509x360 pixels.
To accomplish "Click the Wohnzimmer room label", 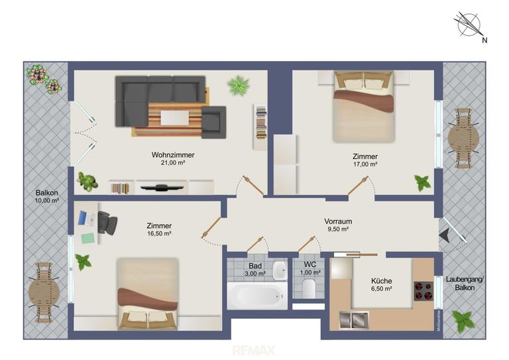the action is [x=173, y=155].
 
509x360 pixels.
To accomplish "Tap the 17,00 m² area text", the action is [x=365, y=164].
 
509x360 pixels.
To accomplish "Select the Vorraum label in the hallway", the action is [x=338, y=221].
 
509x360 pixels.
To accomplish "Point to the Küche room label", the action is [x=382, y=281].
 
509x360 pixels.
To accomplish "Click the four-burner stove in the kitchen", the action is [x=424, y=291].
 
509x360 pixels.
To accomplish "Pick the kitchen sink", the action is [x=354, y=320].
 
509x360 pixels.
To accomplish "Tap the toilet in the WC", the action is [x=309, y=288].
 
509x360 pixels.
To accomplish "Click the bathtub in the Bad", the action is [x=256, y=296].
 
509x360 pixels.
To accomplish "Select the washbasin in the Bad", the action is [x=280, y=270].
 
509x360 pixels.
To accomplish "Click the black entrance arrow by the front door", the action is [x=444, y=235].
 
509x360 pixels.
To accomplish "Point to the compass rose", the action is [x=469, y=24].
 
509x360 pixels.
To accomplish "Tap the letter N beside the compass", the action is [x=484, y=40].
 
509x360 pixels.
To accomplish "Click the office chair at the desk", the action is [x=107, y=222].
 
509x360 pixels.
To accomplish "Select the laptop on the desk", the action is [x=85, y=218].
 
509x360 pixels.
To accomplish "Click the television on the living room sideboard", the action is [x=161, y=188].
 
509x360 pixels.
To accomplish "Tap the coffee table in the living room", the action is [x=175, y=118].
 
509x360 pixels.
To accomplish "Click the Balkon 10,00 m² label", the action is [x=47, y=196].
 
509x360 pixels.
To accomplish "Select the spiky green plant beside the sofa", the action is [x=239, y=86].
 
